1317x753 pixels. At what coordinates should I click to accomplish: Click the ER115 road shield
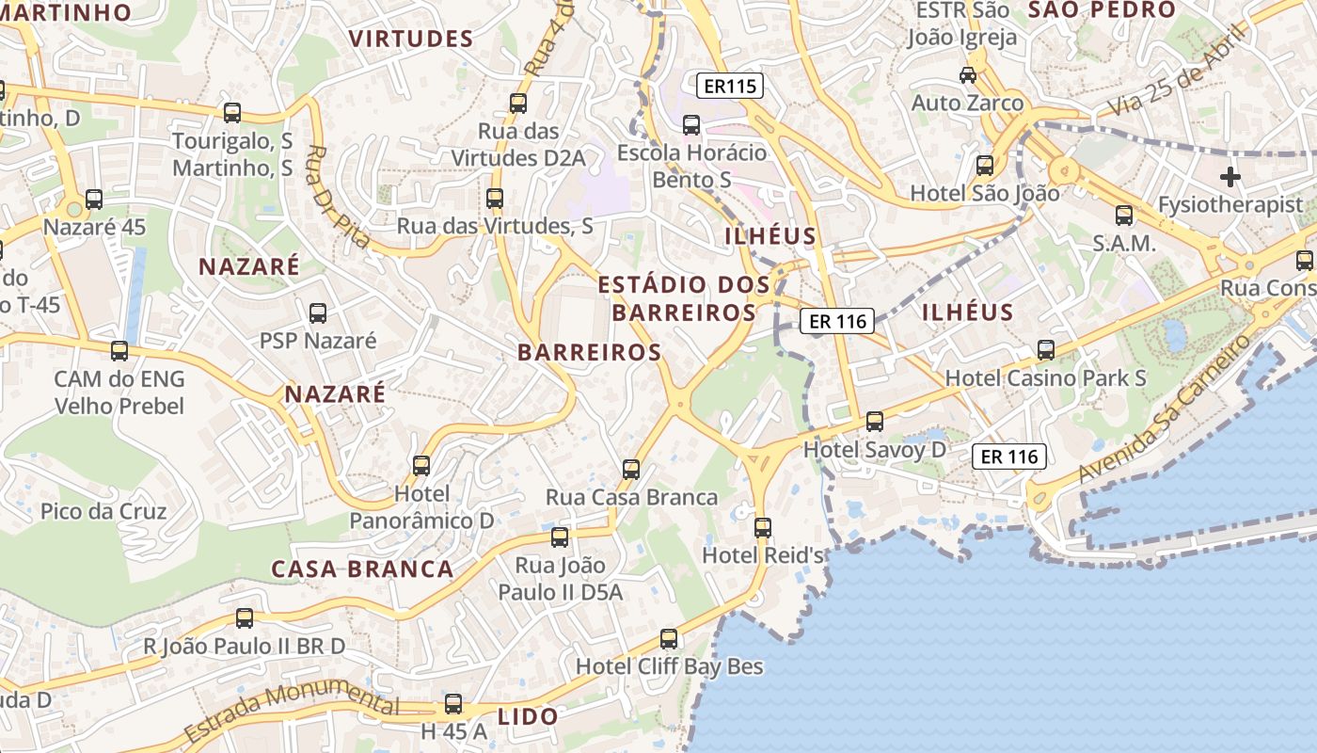point(730,87)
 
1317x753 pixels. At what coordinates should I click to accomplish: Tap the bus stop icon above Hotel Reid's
point(763,528)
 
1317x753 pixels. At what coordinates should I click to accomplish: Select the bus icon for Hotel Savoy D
point(875,422)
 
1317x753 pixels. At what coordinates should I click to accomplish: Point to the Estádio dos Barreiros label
point(684,297)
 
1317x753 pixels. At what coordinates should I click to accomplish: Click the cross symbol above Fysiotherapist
point(1230,176)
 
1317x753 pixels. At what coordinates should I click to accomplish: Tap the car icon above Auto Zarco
point(967,74)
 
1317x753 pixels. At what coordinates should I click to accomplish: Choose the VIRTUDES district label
point(411,39)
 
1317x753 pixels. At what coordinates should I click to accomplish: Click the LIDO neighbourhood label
point(528,716)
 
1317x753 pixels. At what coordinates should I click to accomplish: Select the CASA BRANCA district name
point(363,569)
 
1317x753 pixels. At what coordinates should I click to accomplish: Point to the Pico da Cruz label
point(103,512)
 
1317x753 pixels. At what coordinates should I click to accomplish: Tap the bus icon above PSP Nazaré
point(318,312)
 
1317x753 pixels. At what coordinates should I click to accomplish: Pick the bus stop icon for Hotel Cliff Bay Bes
point(669,639)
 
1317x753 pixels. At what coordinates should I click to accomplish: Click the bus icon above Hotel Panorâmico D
point(421,465)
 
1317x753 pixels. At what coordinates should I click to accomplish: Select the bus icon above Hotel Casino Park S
point(1045,350)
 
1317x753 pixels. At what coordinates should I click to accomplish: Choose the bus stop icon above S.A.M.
point(1124,216)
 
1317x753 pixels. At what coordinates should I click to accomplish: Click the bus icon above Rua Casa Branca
point(631,469)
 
